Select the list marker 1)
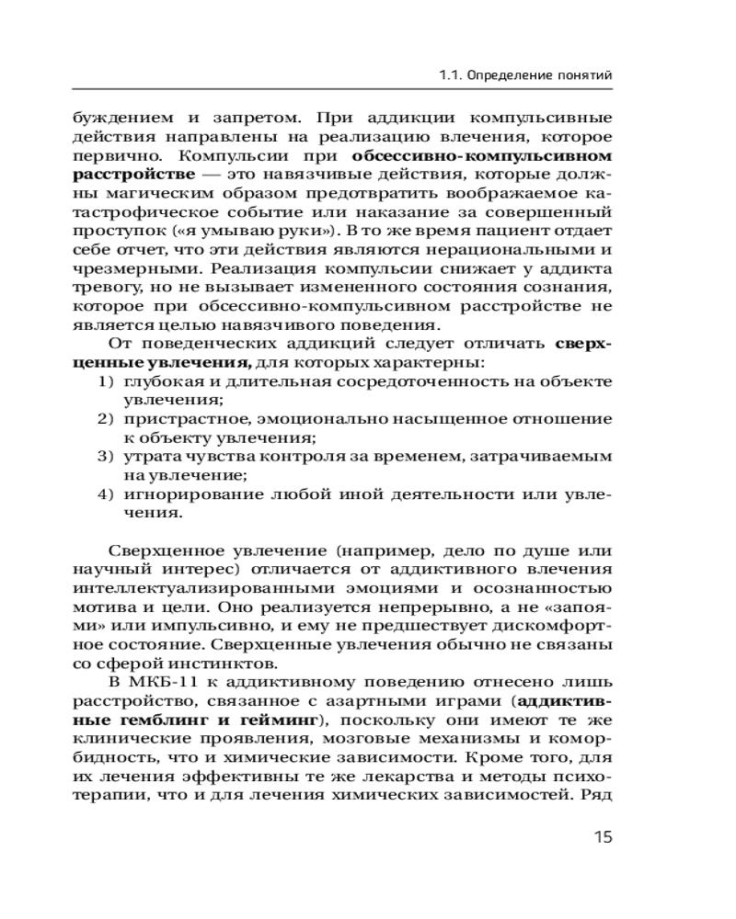pos(107,382)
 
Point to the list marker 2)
pos(107,419)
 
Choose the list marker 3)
pos(107,456)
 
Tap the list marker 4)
pos(107,494)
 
